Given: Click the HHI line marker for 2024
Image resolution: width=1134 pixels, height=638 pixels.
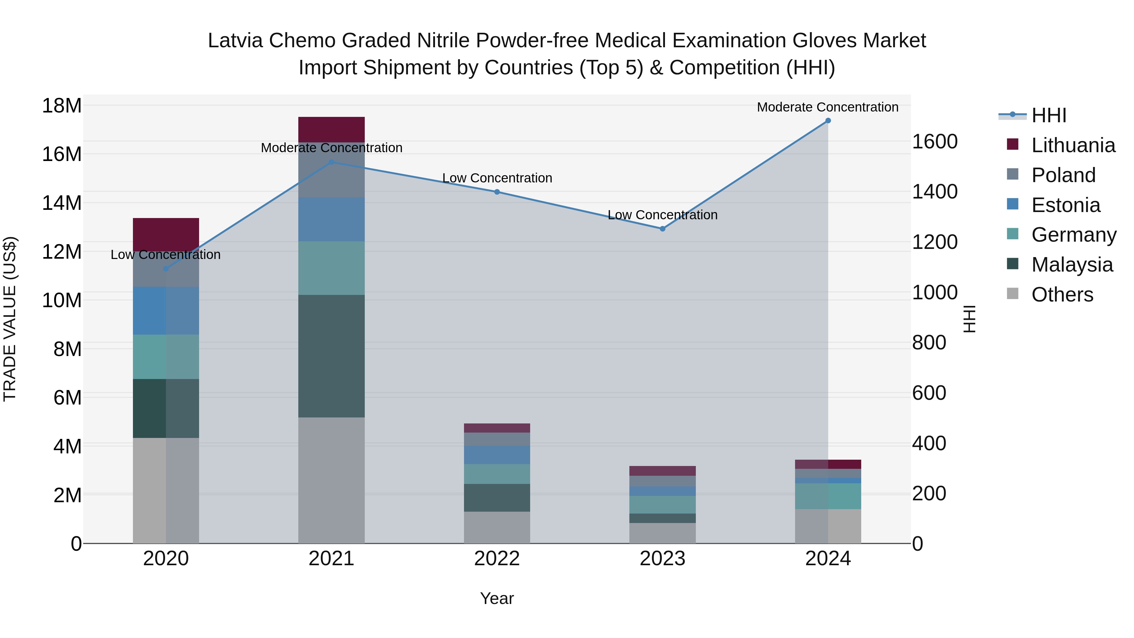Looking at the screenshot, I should [x=828, y=121].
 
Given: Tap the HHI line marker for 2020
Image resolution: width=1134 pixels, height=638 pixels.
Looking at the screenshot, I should [x=166, y=268].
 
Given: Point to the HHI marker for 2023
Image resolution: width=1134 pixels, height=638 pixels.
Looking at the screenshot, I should [x=662, y=228].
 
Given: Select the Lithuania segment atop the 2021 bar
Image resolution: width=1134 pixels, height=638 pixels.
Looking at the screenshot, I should [x=331, y=129].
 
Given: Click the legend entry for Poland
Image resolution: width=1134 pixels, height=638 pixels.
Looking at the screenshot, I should [x=1063, y=175].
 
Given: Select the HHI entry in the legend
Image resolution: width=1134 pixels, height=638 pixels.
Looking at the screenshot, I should [x=1049, y=115].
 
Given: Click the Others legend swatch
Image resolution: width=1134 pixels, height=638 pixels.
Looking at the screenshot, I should [x=1012, y=294].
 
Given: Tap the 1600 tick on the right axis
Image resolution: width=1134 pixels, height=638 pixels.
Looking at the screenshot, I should [x=934, y=142].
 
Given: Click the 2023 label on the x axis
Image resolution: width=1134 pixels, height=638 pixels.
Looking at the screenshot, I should [x=662, y=559].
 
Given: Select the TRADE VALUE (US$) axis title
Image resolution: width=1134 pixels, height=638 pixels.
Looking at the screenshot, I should [x=10, y=319].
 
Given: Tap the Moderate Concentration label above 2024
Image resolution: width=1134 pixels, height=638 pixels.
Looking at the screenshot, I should [x=828, y=107].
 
